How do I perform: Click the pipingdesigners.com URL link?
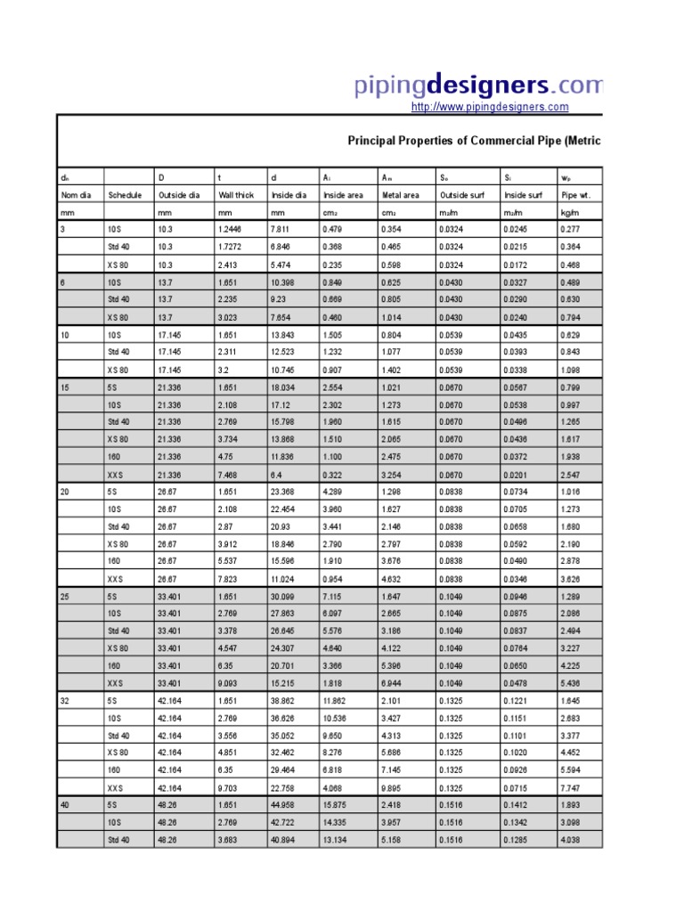pos(489,107)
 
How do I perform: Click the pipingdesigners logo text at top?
pos(478,85)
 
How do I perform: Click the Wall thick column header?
pos(236,195)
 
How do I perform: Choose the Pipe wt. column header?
pos(576,195)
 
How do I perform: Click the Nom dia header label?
pos(76,195)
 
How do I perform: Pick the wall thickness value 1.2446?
pos(232,230)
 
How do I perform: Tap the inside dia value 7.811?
pos(281,230)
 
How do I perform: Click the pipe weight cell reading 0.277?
pos(570,230)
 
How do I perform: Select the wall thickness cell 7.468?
pos(228,475)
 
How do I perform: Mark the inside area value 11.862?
pos(337,702)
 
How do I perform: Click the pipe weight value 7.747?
pos(570,788)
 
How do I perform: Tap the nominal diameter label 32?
pos(64,702)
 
